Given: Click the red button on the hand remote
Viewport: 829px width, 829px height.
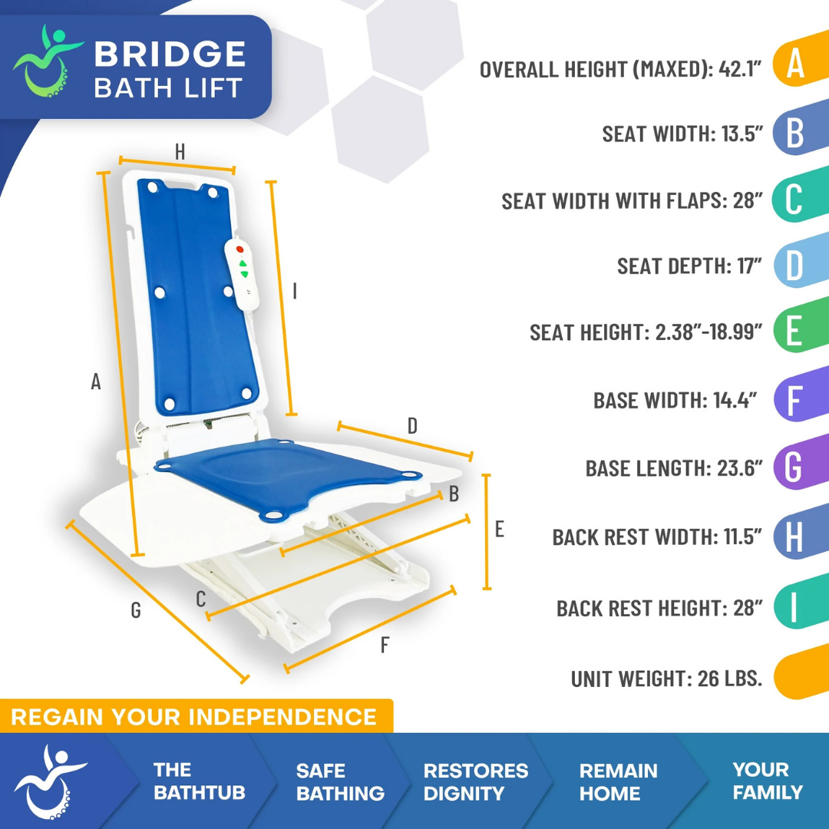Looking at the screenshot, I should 239,249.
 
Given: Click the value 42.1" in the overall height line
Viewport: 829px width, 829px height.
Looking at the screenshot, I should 740,69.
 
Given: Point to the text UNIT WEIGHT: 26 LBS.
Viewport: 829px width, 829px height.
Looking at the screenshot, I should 666,679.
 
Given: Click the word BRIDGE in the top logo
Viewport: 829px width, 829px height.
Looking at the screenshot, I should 170,54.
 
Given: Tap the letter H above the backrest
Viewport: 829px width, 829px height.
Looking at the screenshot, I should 180,152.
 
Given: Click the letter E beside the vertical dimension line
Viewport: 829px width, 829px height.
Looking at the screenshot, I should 499,529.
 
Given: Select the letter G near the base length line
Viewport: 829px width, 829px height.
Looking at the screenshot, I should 136,609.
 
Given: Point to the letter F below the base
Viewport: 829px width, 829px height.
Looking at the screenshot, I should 385,646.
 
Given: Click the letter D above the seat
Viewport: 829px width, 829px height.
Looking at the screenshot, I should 412,426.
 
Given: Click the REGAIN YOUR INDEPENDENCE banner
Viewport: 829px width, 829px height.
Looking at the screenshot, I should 194,717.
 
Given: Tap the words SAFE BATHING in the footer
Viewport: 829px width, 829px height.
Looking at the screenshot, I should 340,781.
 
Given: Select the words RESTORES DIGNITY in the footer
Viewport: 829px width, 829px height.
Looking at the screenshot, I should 476,781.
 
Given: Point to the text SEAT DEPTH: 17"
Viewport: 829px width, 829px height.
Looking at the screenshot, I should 689,266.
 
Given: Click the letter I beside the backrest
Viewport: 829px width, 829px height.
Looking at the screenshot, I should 296,292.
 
